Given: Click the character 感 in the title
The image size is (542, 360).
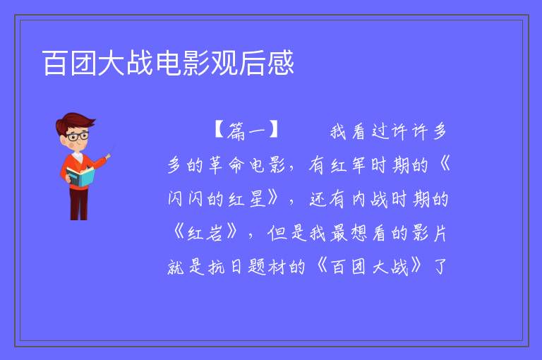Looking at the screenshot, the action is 281,63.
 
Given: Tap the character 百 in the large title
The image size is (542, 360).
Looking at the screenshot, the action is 55,63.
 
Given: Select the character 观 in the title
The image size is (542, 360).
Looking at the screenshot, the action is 224,63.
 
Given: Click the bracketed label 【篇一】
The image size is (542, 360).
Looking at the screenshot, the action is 246,131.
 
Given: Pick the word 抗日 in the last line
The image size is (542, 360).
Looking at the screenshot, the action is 224,267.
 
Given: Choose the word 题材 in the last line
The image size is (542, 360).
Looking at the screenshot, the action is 267,267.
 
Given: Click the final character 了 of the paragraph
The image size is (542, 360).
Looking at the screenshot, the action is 440,266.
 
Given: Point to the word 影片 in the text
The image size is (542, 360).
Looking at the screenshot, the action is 430,233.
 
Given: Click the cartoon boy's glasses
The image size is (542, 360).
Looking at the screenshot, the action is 78,136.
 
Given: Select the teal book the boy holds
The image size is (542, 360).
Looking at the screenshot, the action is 80,176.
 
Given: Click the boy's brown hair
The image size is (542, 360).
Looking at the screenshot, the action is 74,121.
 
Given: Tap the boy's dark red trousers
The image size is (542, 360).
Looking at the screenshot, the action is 79,204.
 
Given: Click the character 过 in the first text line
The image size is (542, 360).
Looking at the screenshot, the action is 380,131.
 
